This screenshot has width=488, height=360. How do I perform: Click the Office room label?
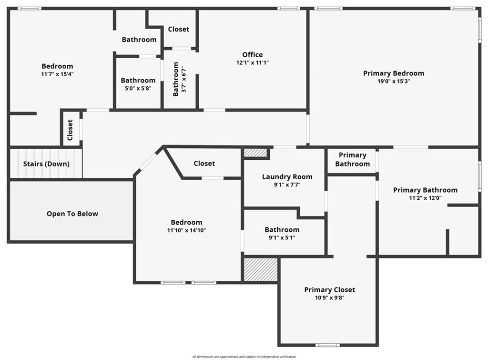point(253,55)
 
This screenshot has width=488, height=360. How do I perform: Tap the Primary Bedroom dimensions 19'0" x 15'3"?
point(394,81)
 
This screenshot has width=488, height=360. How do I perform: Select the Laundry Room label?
point(287,177)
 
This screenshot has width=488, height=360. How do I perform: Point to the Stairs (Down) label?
point(46,164)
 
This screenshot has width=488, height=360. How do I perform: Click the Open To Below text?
point(72,214)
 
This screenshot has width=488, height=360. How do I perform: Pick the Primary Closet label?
point(330,289)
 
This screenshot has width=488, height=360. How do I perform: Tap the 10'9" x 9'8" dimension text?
point(330,298)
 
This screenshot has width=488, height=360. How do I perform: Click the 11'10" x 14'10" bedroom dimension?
point(186,230)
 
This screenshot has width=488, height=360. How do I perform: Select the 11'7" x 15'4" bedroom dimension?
point(57,74)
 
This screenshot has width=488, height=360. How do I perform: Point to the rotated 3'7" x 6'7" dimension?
point(184,80)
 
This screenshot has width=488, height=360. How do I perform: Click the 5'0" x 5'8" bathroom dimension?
point(138,88)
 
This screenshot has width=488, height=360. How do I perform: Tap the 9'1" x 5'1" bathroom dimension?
point(282,237)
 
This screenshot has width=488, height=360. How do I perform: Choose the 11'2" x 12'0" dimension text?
point(425,198)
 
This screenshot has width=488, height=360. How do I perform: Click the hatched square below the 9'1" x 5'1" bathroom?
point(261,269)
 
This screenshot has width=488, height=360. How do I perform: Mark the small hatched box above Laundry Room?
point(255,153)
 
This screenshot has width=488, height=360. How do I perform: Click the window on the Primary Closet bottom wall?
point(328,345)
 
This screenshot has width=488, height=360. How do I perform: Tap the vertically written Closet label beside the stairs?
point(70,130)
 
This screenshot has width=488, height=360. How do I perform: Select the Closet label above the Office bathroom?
point(179,29)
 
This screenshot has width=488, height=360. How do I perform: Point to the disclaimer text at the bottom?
point(244,357)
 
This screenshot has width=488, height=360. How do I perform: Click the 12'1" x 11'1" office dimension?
point(253,62)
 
